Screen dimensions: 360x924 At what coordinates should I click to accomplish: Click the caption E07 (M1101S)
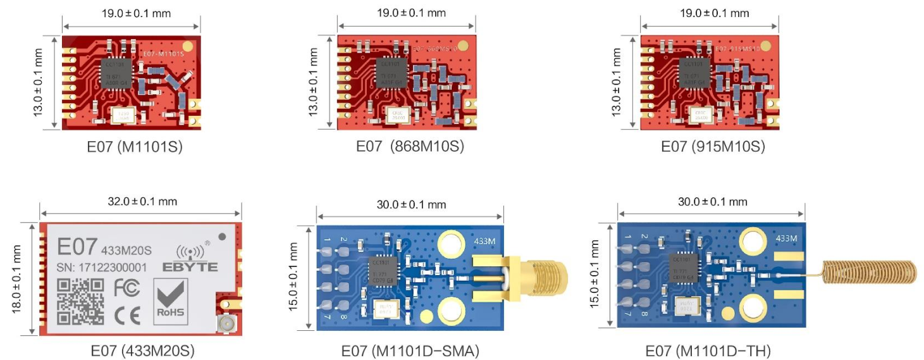135,147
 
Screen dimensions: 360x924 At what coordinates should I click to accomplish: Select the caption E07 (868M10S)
410,147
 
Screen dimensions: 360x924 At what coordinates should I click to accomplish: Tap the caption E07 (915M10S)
713,147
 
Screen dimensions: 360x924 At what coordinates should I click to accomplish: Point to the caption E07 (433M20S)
142,350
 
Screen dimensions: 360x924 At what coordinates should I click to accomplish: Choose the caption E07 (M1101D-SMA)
410,350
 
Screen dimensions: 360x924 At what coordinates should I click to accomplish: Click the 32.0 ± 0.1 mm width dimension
141,201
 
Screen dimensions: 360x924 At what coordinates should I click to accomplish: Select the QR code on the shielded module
80,302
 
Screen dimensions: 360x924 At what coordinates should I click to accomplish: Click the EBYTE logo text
190,267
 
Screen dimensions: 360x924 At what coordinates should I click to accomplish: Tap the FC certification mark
126,287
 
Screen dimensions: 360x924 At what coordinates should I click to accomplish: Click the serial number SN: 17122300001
102,268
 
